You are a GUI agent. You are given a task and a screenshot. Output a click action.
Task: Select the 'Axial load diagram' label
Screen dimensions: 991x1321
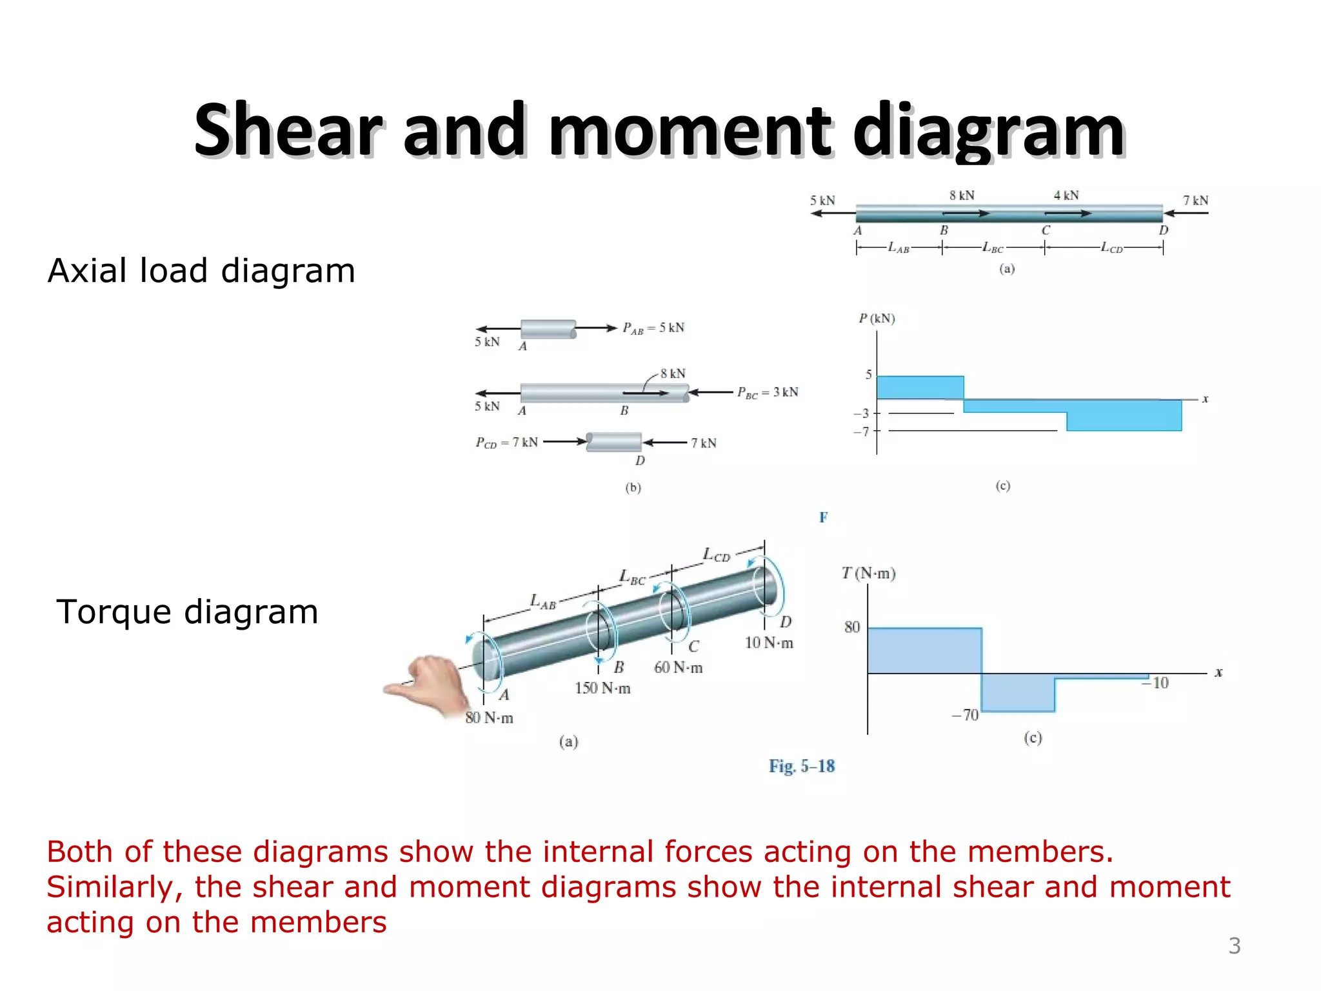coord(201,270)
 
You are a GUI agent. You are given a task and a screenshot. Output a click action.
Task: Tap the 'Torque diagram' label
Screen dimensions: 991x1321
coord(187,612)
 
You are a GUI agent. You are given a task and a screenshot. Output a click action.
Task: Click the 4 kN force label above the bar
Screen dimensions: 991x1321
coord(1066,195)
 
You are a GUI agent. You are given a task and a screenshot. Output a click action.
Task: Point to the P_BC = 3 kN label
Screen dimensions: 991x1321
coord(768,392)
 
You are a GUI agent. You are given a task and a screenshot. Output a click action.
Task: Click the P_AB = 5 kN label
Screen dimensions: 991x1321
coord(653,328)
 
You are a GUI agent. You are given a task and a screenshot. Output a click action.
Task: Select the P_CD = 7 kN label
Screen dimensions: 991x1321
coord(506,443)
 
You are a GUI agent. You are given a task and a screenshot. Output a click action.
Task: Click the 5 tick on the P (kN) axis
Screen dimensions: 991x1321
coord(868,375)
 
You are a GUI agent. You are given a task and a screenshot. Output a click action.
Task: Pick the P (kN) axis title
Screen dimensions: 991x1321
coord(877,319)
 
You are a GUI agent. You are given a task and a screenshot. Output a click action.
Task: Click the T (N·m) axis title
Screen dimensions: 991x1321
coord(868,574)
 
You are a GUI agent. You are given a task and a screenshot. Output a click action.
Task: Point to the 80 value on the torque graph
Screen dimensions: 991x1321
coord(852,627)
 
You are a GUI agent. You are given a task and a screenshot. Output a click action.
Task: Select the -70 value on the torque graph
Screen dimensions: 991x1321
coord(966,715)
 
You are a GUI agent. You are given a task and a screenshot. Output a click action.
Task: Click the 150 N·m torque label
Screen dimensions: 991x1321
coord(602,688)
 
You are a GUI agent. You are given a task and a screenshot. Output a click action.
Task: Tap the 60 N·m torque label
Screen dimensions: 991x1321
coord(678,668)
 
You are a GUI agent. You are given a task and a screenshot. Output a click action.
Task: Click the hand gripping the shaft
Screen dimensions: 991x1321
coord(430,684)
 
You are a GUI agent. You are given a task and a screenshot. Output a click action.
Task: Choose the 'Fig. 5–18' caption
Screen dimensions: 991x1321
coord(801,766)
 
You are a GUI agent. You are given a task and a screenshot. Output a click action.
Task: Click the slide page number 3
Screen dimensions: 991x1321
coord(1234,946)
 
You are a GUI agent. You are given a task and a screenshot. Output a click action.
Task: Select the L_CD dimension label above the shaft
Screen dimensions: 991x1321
coord(716,555)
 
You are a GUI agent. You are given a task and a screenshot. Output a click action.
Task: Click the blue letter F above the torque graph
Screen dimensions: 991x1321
coord(823,517)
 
